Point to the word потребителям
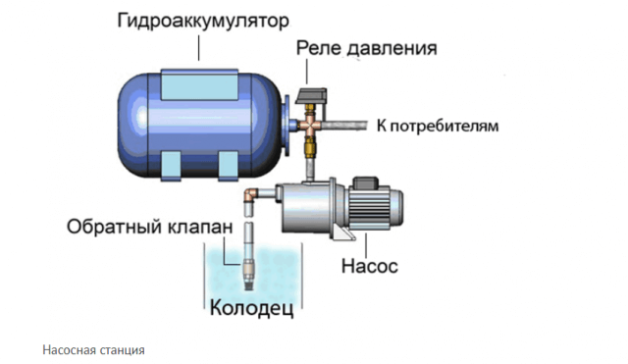pyautogui.click(x=446, y=127)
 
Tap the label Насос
pyautogui.click(x=371, y=265)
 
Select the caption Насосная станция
pyautogui.click(x=94, y=349)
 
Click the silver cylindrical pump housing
pyautogui.click(x=305, y=207)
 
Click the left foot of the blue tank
pyautogui.click(x=168, y=163)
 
